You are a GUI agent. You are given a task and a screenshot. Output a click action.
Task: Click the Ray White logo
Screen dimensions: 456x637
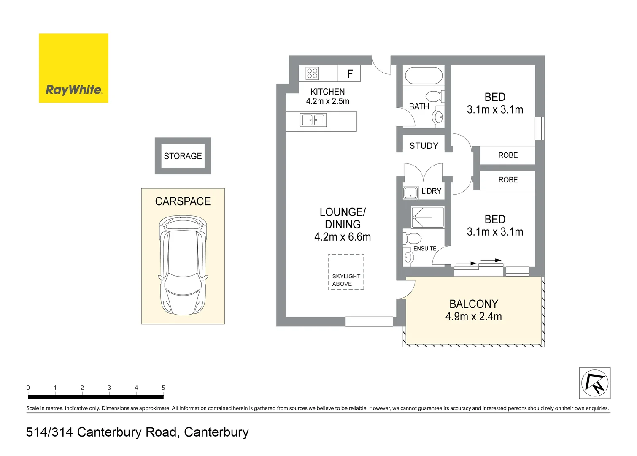pyautogui.click(x=73, y=68)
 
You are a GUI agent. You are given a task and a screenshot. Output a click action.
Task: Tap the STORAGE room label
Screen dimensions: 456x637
pyautogui.click(x=183, y=156)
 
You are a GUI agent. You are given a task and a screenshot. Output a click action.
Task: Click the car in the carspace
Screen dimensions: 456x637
pyautogui.click(x=183, y=265)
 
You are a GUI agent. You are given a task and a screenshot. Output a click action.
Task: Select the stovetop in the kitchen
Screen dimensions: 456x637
pyautogui.click(x=312, y=73)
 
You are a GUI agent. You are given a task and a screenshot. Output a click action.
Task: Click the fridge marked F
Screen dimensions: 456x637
pyautogui.click(x=349, y=74)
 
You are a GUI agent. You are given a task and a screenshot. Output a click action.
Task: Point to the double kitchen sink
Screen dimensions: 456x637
pyautogui.click(x=313, y=120)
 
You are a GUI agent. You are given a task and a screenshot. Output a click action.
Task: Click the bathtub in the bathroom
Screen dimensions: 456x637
pyautogui.click(x=424, y=76)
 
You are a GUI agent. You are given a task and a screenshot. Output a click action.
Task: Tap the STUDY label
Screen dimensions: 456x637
pyautogui.click(x=424, y=146)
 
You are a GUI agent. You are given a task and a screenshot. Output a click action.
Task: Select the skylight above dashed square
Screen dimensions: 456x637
pyautogui.click(x=346, y=272)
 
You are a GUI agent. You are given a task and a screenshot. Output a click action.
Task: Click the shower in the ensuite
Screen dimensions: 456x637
pyautogui.click(x=427, y=217)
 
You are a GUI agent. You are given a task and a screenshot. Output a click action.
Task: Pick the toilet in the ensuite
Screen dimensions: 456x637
pyautogui.click(x=413, y=238)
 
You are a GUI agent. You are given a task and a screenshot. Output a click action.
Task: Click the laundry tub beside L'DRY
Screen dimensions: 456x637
pyautogui.click(x=410, y=193)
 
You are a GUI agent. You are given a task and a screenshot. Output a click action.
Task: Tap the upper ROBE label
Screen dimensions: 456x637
pyautogui.click(x=508, y=155)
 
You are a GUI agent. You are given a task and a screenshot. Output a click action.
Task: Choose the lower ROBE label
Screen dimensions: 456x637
pyautogui.click(x=508, y=180)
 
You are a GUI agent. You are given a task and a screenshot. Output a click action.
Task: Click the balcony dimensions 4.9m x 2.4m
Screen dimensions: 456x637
pyautogui.click(x=473, y=317)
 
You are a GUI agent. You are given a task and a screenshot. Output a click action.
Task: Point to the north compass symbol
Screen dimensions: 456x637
pyautogui.click(x=594, y=383)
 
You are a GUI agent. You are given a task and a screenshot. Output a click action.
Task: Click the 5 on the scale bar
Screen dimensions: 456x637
pyautogui.click(x=163, y=388)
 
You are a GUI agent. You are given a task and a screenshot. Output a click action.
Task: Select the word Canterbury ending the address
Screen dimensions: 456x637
pyautogui.click(x=216, y=432)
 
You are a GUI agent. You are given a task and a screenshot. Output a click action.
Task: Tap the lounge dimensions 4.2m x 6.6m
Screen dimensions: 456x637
pyautogui.click(x=342, y=237)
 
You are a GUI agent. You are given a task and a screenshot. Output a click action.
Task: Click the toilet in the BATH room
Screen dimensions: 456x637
pyautogui.click(x=434, y=96)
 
